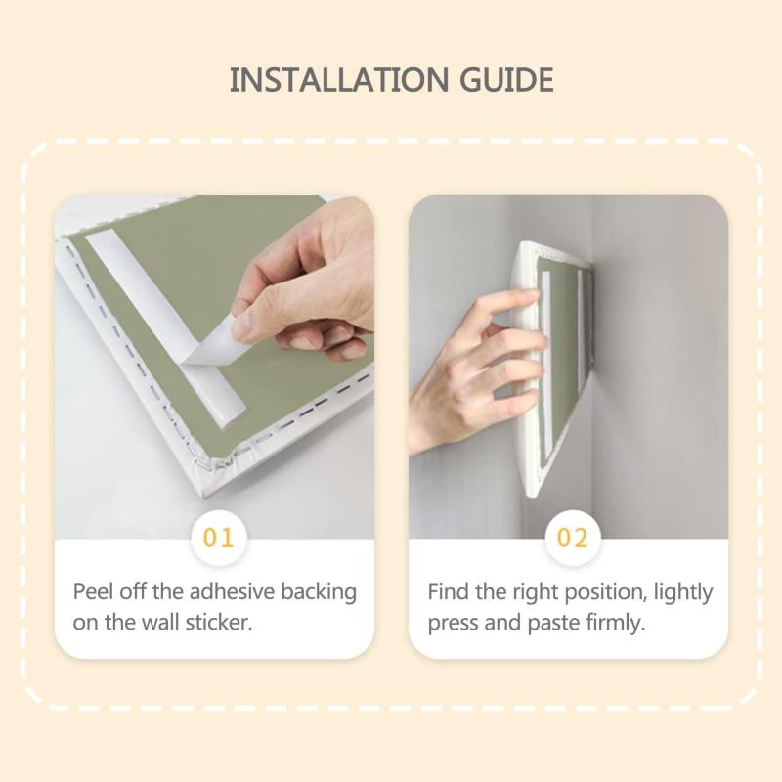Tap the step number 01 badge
tap(218, 538)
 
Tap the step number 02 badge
tap(572, 538)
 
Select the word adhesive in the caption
tap(232, 592)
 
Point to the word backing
tap(319, 593)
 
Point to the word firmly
tap(616, 624)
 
